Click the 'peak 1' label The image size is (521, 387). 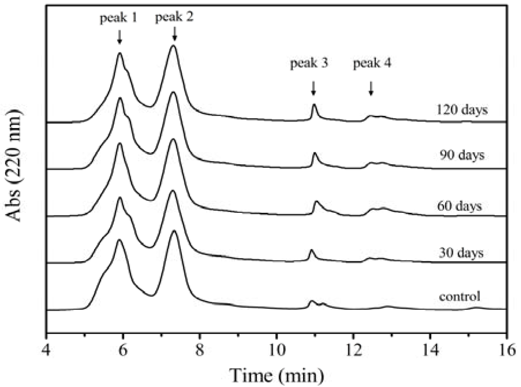(x=118, y=18)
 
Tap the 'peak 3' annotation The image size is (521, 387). (x=309, y=63)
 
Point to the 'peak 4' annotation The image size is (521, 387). (x=372, y=63)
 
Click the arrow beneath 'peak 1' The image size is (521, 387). (x=120, y=37)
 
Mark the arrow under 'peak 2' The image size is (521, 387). (x=174, y=34)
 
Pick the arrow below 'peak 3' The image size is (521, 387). (x=314, y=88)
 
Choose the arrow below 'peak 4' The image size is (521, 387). (x=371, y=88)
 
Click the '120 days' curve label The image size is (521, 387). (x=462, y=110)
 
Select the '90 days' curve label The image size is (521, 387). (x=462, y=155)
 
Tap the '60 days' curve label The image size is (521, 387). (x=460, y=206)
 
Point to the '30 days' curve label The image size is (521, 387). (x=461, y=253)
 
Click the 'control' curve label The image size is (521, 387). (x=460, y=296)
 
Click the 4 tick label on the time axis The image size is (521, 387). (x=46, y=350)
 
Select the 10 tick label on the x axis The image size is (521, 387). (x=276, y=350)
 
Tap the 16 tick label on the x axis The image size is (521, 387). (x=507, y=350)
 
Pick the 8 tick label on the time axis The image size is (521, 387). (x=199, y=350)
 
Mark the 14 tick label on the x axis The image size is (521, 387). (x=430, y=350)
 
